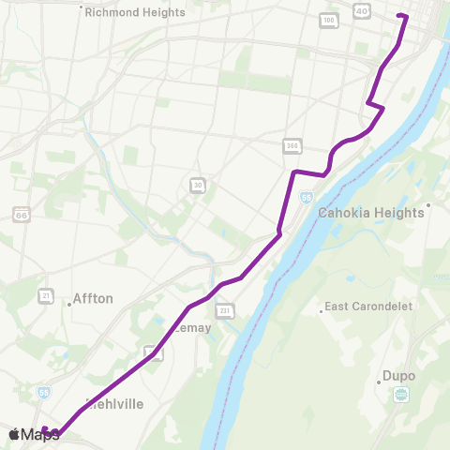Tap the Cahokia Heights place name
(371, 213)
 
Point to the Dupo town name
(398, 378)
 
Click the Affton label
(93, 299)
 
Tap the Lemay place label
(192, 328)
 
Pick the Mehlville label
(112, 405)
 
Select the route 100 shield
(329, 20)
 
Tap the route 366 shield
(293, 145)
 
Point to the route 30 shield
(197, 185)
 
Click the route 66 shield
(22, 216)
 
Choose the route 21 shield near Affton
(45, 296)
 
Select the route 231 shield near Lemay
(224, 311)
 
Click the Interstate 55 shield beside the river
(307, 198)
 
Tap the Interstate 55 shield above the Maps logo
(43, 392)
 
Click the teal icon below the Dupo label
(400, 395)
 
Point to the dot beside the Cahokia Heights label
(428, 204)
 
